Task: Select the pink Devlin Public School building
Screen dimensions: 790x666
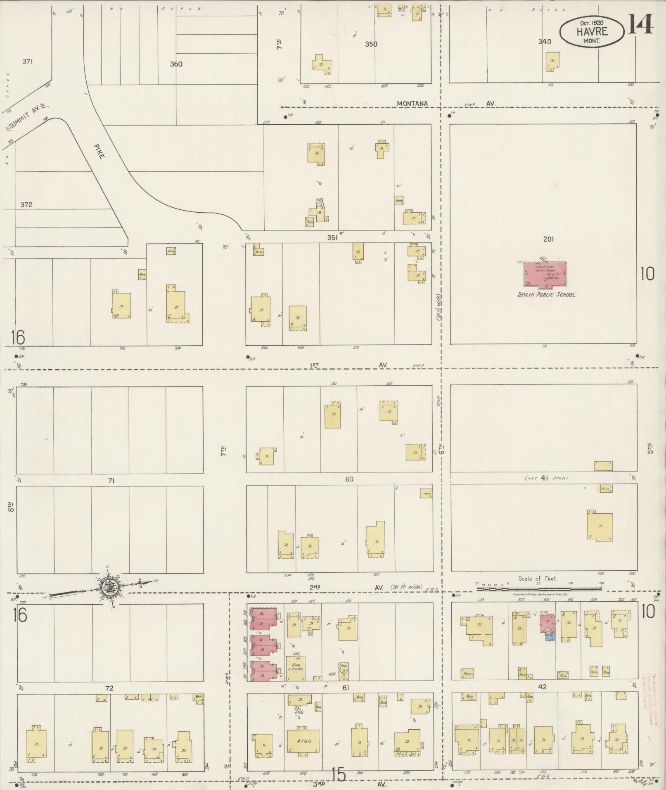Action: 545,274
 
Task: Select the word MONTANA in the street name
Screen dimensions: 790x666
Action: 412,103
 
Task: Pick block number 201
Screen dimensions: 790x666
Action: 548,239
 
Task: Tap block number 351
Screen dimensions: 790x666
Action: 332,237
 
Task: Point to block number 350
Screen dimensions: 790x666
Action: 371,44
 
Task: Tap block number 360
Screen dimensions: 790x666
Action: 176,64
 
